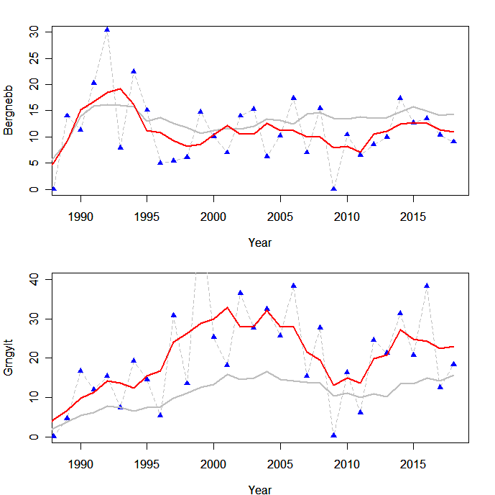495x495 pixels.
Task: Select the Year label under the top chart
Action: pos(259,243)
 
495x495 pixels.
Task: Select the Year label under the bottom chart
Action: pos(259,490)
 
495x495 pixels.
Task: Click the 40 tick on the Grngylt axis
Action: pos(35,278)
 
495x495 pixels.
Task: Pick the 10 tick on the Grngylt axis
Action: pos(35,397)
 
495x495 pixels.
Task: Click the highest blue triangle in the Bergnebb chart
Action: pos(107,29)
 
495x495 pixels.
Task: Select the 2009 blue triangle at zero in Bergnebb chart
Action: pos(333,189)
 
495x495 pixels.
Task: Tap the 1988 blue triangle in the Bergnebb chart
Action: pos(54,189)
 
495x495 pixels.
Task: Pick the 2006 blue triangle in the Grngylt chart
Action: pos(294,285)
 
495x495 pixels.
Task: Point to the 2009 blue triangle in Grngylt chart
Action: pos(333,435)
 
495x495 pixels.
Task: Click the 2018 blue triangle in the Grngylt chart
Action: pos(453,363)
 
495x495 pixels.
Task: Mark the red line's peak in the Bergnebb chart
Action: pos(120,88)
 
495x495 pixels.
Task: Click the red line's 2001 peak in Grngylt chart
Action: pos(227,307)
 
